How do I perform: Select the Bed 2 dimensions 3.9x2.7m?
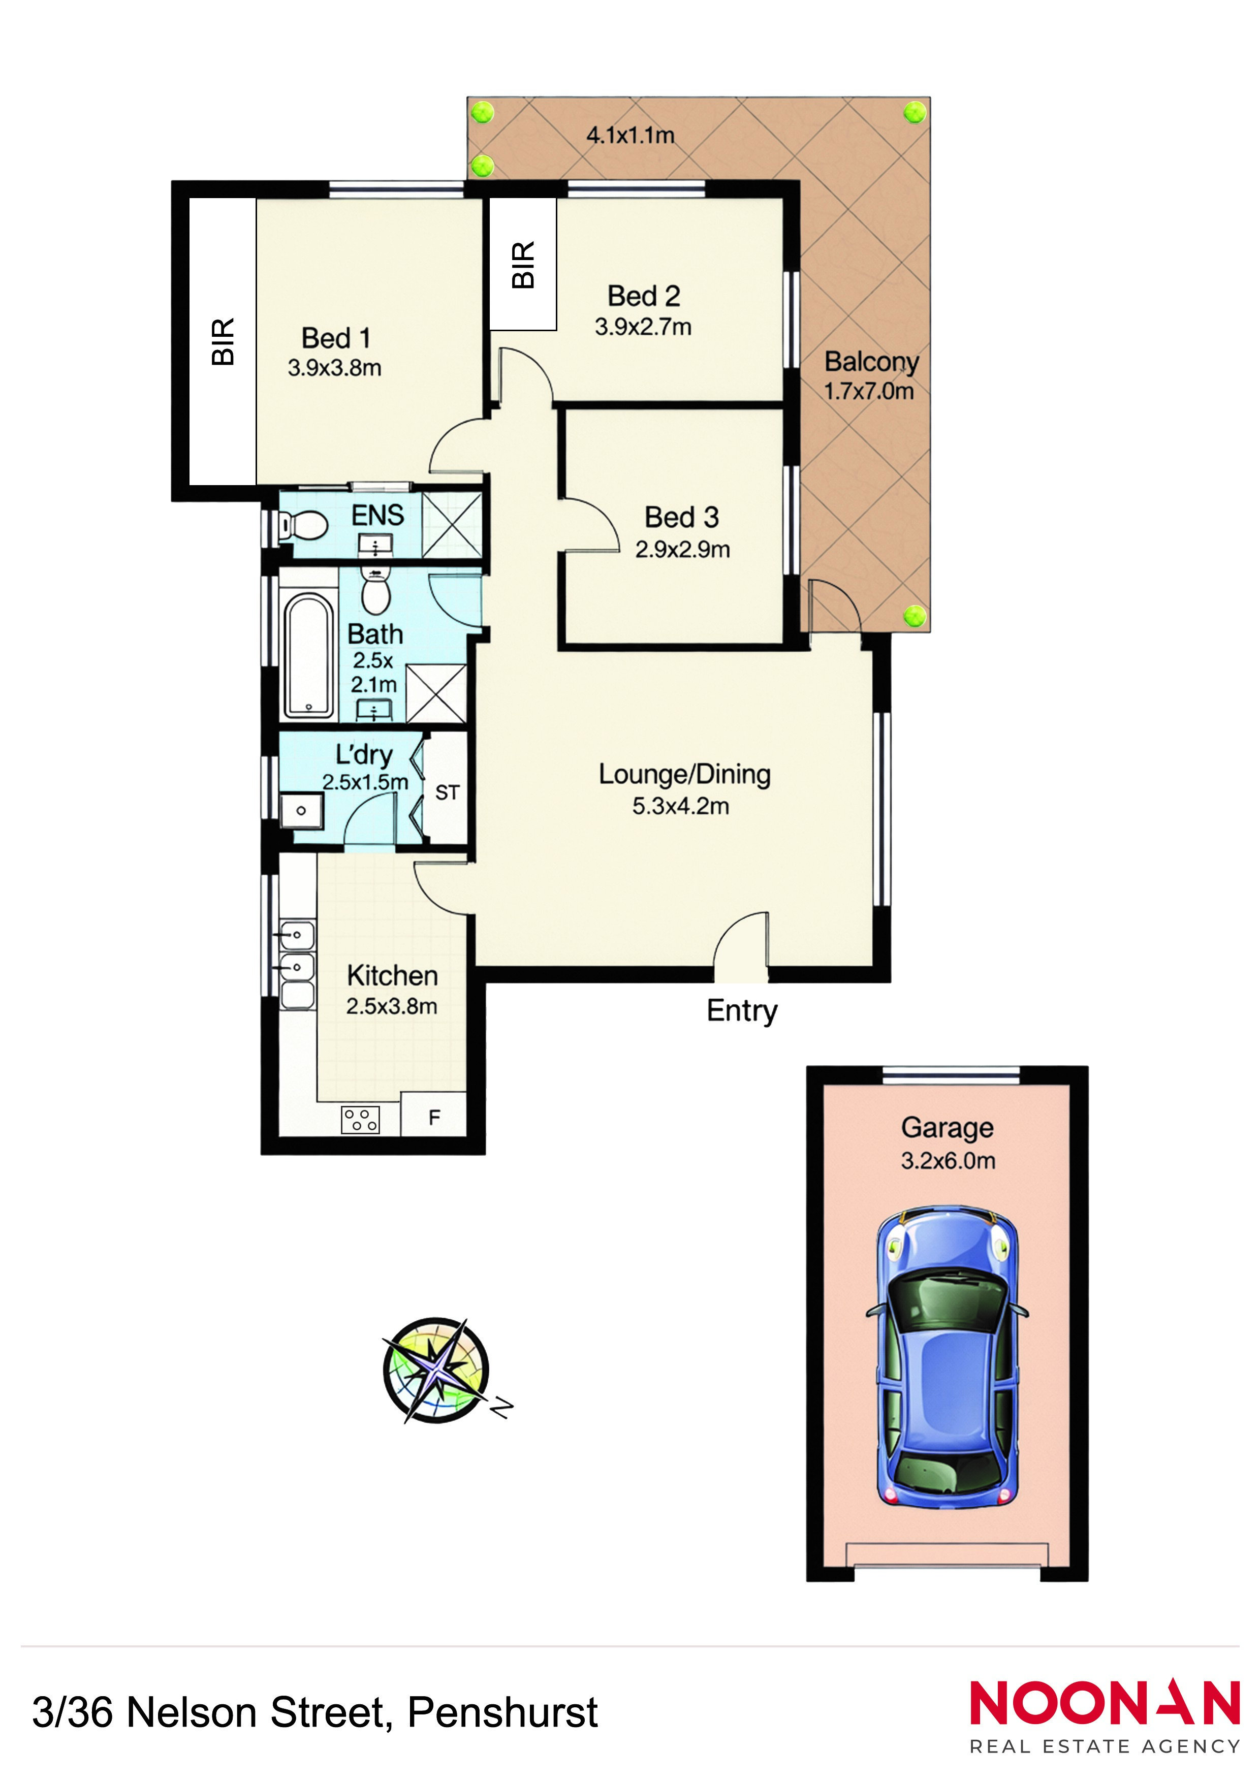point(643,327)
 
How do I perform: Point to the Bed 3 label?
point(682,517)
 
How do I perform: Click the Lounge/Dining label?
point(684,775)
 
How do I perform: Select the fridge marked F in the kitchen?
point(434,1117)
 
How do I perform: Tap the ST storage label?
point(447,792)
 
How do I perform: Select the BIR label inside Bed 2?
point(523,265)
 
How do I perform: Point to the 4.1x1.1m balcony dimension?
point(631,135)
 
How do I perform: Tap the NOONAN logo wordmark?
point(1105,1704)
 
